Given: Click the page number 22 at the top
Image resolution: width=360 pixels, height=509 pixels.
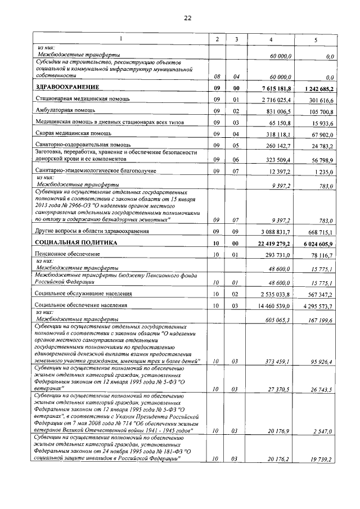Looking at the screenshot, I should point(188,18).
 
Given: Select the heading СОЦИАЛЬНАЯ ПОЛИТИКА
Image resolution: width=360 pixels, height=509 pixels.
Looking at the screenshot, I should point(76,242).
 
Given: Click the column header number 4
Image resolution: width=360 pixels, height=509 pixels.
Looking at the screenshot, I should point(271,38).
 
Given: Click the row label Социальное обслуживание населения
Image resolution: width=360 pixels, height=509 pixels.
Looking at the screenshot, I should point(84,293).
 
